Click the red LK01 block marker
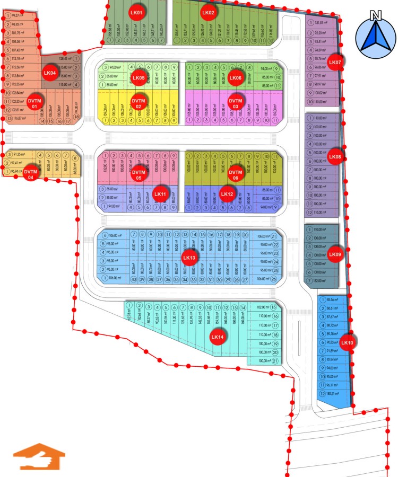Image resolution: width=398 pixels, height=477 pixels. (x=136, y=12)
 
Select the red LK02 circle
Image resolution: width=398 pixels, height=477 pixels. (x=208, y=12)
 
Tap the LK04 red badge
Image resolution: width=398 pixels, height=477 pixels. (x=50, y=73)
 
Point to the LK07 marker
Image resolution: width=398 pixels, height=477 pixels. (x=334, y=63)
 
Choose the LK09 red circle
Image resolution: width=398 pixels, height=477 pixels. (x=334, y=254)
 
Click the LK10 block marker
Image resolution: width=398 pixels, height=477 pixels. (x=347, y=343)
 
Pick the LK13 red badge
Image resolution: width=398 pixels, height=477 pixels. (x=189, y=258)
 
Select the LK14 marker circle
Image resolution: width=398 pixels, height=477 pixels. (x=218, y=337)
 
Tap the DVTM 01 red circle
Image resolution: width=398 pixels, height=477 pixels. (x=34, y=103)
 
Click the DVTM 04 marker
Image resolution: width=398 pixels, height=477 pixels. (x=31, y=174)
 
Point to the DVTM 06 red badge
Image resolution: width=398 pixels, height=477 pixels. (x=235, y=174)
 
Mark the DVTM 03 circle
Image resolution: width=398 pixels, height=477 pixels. (x=235, y=102)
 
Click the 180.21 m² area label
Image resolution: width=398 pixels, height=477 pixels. (x=333, y=394)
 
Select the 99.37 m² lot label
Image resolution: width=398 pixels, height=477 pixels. (x=18, y=16)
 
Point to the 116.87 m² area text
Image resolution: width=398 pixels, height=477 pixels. (x=20, y=118)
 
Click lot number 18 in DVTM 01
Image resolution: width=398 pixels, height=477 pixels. (x=76, y=117)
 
